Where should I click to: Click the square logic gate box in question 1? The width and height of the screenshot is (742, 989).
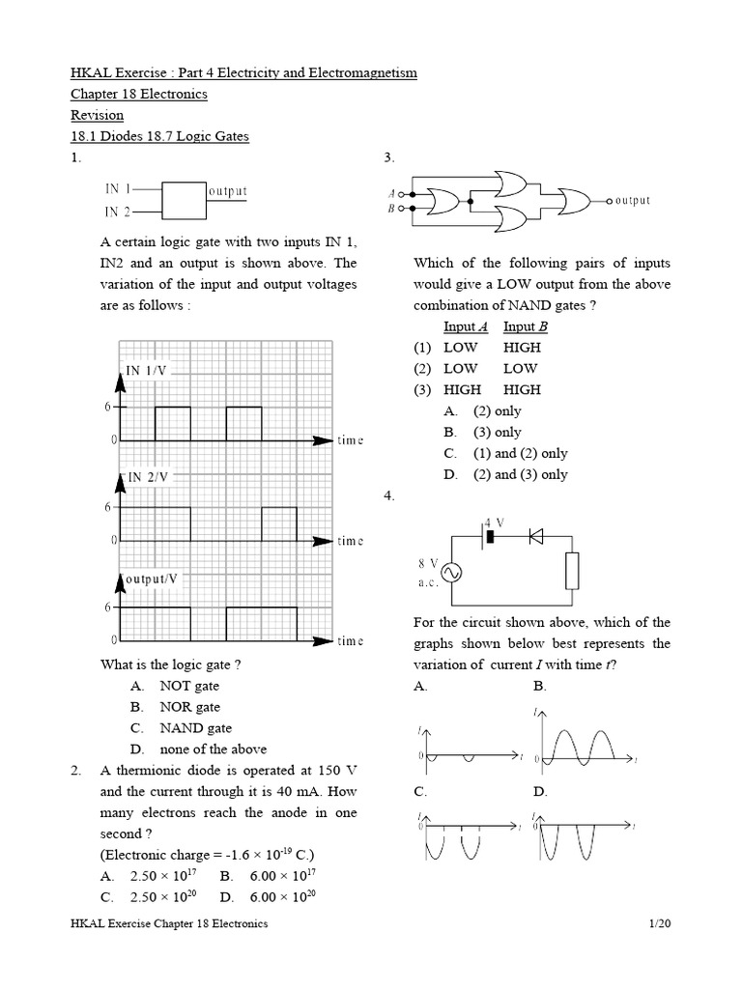183,199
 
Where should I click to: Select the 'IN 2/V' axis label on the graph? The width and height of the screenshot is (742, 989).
148,477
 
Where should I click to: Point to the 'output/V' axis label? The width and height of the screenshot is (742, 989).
153,579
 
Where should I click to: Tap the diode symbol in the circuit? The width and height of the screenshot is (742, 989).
535,537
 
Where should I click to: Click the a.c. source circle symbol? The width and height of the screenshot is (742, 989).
450,574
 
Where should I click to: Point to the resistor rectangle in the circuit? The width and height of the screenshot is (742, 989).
572,570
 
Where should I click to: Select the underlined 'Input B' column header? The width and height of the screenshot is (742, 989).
525,326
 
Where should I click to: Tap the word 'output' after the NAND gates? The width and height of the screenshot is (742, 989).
632,201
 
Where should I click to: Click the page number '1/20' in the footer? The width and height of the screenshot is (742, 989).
660,924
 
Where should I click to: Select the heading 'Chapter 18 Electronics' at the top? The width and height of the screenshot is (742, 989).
139,95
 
